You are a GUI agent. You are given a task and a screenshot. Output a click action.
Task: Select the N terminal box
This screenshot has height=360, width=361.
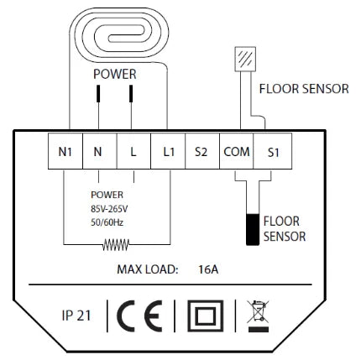(x=98, y=154)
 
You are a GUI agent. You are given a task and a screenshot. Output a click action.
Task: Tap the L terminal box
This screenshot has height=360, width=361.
(x=133, y=154)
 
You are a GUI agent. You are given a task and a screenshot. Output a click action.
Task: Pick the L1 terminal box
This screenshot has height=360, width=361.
(x=167, y=154)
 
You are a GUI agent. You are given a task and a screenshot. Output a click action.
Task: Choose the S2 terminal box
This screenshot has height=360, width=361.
(x=201, y=154)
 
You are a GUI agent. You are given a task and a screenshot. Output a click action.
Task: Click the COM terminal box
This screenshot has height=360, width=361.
(x=236, y=154)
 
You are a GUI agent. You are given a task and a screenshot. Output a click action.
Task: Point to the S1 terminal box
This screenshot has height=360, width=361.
(x=271, y=154)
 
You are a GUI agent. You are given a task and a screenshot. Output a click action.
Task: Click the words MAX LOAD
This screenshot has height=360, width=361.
(x=147, y=270)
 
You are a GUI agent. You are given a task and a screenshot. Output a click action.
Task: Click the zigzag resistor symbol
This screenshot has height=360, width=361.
(x=116, y=246)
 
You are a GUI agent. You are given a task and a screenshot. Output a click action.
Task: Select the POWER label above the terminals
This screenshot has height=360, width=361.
(x=114, y=74)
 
